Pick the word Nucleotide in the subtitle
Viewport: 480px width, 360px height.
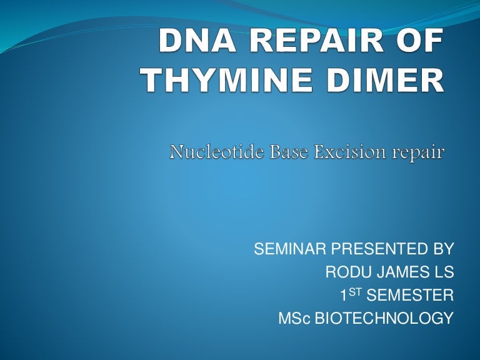[209, 152]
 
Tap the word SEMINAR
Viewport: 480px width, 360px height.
[289, 250]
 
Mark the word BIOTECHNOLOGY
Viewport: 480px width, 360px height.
[383, 319]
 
